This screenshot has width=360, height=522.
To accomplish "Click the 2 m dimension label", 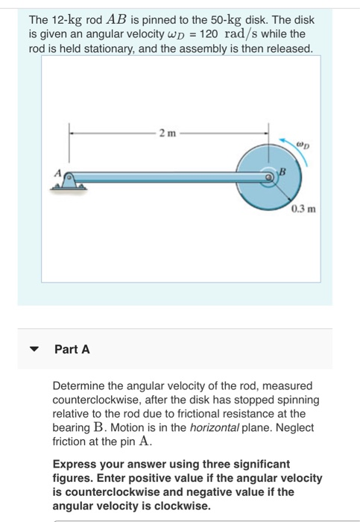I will (167, 132).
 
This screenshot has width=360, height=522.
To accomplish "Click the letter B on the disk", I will (281, 172).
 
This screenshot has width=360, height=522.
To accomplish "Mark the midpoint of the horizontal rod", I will (168, 177).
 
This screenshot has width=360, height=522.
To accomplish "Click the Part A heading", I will (72, 349).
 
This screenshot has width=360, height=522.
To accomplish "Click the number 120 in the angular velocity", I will (210, 35).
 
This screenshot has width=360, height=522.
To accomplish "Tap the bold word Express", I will (75, 464).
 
